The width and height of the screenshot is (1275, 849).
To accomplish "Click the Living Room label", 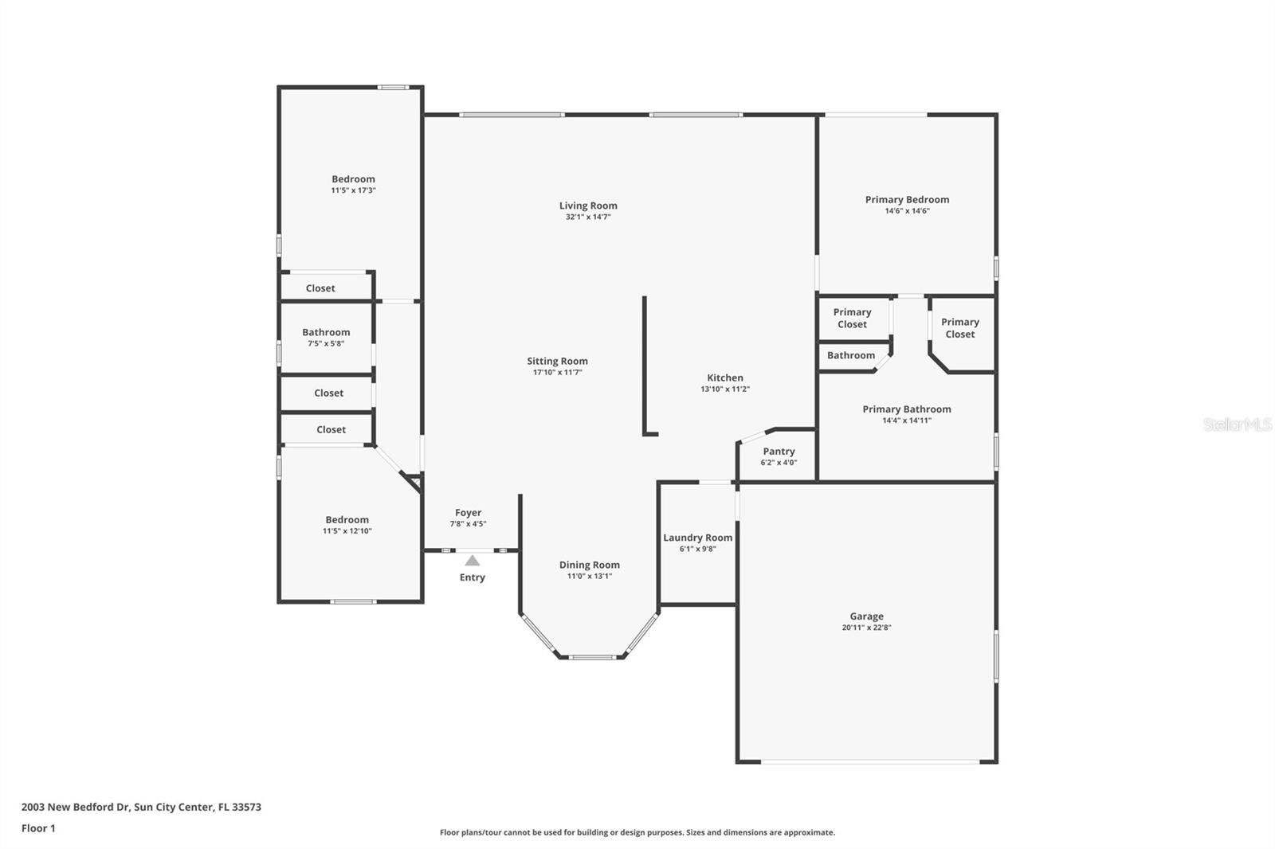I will (588, 205).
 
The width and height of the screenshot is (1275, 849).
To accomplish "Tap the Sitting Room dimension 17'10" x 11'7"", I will (557, 373).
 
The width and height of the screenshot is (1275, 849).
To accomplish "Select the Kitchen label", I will (725, 378).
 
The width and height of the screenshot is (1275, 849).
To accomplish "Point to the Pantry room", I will (779, 456).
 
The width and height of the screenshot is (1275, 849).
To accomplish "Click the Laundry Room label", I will (697, 538).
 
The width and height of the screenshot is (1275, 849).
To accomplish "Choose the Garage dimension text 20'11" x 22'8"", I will (866, 628).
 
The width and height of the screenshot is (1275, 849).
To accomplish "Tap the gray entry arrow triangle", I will (473, 561).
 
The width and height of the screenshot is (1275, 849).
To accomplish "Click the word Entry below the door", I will (472, 577).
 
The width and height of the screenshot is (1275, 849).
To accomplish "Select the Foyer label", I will (468, 513).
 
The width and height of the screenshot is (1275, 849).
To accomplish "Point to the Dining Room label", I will (589, 565).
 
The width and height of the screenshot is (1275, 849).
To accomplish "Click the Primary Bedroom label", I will (907, 199).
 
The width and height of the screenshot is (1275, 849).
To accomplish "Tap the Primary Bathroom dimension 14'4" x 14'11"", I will (906, 421).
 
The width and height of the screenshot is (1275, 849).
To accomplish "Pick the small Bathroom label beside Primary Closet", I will (850, 355).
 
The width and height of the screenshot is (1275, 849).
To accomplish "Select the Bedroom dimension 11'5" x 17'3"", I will (353, 190).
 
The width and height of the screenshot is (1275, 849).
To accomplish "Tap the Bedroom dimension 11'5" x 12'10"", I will (347, 531).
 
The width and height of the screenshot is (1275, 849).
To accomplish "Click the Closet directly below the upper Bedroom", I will (320, 288).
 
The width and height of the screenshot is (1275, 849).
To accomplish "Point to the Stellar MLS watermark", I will (1237, 424).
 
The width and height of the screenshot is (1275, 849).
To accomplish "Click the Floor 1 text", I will (38, 828).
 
